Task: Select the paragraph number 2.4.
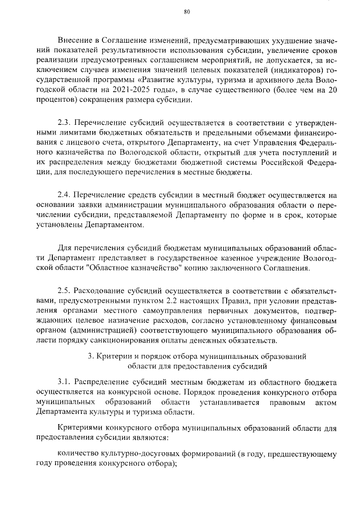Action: (65, 196)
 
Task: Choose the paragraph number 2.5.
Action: (65, 290)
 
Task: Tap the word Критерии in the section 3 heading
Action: (115, 357)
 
